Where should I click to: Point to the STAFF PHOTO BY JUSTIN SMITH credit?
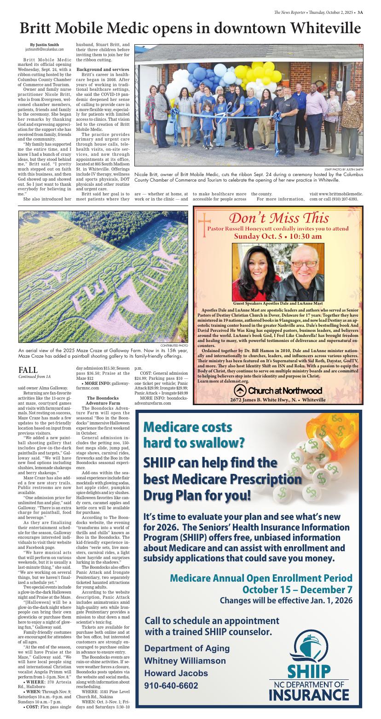coord(347,170)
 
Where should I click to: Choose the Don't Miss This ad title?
coord(279,218)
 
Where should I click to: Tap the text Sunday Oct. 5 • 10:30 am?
coord(278,236)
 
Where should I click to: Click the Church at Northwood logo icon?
coord(240,390)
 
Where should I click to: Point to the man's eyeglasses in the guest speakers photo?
coord(305,264)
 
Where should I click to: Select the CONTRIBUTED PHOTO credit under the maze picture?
coord(174,345)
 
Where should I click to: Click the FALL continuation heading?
coord(28,370)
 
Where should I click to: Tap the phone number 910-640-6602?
coord(171,685)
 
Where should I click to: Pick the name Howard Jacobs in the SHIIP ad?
coord(176,673)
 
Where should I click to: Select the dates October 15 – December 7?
coord(297,589)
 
